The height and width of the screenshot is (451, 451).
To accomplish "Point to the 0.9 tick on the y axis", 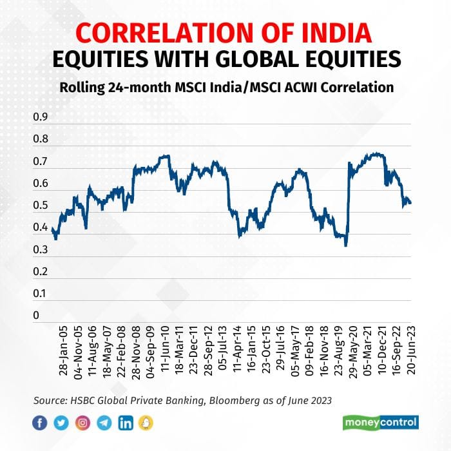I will tap(41, 117).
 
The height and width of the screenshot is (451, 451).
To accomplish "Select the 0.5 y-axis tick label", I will tap(41, 206).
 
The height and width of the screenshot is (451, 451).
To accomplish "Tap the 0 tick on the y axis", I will tap(36, 315).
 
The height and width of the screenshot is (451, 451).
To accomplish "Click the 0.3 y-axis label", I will tap(41, 249).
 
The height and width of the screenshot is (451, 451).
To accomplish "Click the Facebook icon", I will tap(41, 423).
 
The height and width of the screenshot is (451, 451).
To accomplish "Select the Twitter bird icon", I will tap(61, 423).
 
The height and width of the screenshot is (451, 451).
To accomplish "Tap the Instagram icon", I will tap(82, 423).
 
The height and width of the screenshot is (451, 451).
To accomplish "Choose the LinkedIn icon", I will tap(126, 423).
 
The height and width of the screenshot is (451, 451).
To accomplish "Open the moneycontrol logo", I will tap(381, 423).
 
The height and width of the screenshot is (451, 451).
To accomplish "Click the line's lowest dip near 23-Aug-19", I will tap(346, 245).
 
